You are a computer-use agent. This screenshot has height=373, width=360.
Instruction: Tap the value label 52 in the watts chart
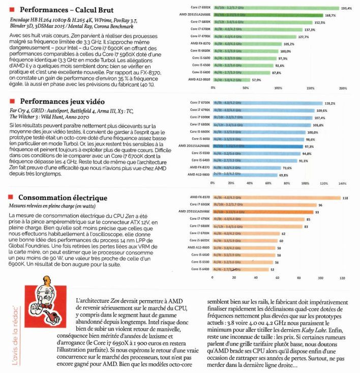click(273, 269)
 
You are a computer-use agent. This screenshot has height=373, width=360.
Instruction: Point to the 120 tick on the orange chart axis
click(342, 278)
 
